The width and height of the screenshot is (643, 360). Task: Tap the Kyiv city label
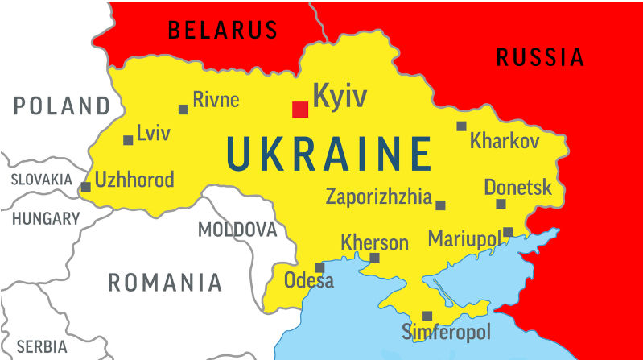coord(339,97)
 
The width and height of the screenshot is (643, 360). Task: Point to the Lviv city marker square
coord(128,140)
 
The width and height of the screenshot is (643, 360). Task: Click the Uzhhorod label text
coord(134,180)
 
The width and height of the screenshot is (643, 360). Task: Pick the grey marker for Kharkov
coord(461,126)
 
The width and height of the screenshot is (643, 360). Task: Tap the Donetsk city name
coord(517,188)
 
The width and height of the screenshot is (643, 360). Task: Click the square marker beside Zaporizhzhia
coord(440,205)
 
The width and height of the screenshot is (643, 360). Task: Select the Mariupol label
coord(465,239)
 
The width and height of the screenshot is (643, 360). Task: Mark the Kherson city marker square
coord(374,258)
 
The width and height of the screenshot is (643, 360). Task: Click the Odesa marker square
coord(319,267)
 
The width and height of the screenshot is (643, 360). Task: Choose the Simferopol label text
coord(446,332)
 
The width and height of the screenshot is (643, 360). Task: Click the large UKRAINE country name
coord(329,154)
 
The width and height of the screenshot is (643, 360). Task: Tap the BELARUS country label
coord(222,31)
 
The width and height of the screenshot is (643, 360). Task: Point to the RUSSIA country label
coord(540,57)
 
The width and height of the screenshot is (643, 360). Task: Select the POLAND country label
coord(61,106)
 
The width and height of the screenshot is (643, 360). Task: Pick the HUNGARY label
coord(46,218)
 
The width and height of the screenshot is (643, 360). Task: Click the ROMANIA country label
coord(165,283)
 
